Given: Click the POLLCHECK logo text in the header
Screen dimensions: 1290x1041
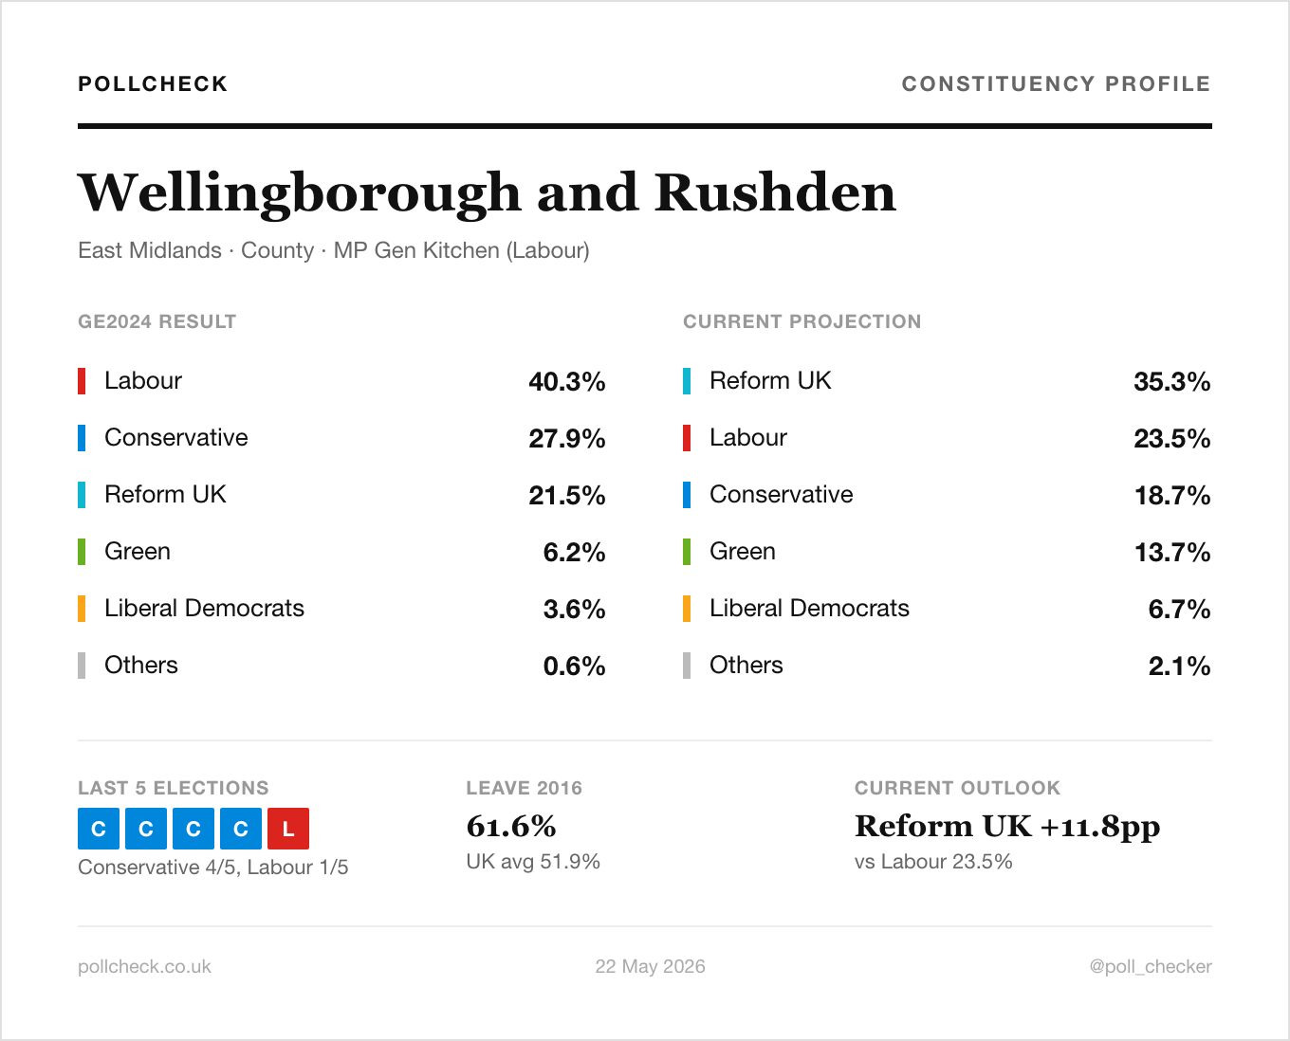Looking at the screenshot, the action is (x=153, y=83).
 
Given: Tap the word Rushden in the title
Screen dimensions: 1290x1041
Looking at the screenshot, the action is (x=775, y=192).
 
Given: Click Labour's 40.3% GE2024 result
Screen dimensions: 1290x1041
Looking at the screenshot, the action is (x=567, y=381).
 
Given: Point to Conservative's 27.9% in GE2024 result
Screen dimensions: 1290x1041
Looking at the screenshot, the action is (x=567, y=438).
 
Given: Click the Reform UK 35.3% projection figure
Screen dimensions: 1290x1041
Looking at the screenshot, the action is (x=1171, y=381).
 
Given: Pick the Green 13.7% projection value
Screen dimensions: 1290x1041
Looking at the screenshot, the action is (x=1171, y=552).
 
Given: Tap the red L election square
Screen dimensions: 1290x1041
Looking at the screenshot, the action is (x=288, y=829).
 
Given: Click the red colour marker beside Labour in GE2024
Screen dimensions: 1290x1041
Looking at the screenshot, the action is (x=82, y=381).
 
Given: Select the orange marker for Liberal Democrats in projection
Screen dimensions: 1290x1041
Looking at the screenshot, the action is (x=687, y=609).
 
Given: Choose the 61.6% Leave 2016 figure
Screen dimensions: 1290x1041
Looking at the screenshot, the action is (x=511, y=826).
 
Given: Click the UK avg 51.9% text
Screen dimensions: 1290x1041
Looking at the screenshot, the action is (x=533, y=861).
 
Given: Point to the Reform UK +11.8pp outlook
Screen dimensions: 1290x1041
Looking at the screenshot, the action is (x=1007, y=827).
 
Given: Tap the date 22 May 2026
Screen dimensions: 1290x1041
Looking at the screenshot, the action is (x=650, y=966).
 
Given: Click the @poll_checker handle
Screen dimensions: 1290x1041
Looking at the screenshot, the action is (x=1151, y=966).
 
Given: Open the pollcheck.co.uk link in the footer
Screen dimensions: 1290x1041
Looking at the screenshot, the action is (x=144, y=966).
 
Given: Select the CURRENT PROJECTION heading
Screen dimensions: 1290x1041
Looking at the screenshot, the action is (x=802, y=321).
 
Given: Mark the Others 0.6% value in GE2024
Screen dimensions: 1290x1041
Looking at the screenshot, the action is (x=574, y=666).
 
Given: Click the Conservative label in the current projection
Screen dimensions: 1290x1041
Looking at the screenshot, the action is (x=782, y=495).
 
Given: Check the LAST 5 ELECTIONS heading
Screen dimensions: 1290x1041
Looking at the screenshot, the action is (x=174, y=788).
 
